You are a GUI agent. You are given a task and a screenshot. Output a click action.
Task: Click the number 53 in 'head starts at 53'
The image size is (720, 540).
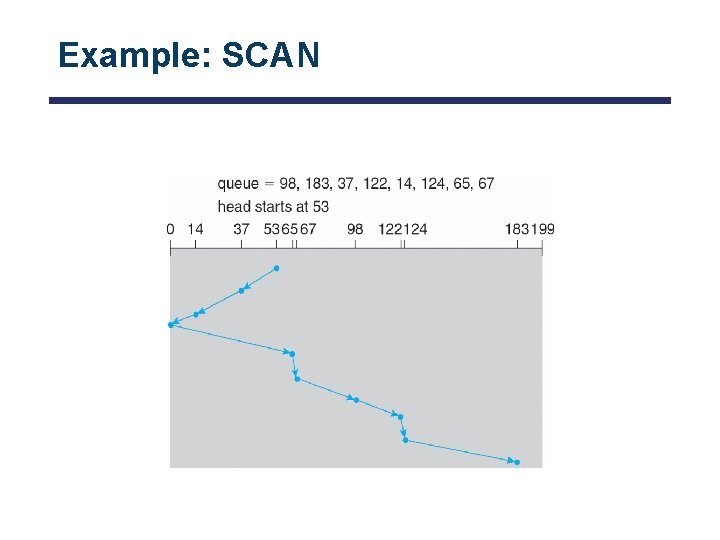pyautogui.click(x=320, y=206)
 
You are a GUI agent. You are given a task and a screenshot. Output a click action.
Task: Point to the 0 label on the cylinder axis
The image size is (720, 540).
pyautogui.click(x=171, y=229)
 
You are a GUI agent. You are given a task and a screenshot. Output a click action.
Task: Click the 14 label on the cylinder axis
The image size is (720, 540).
pyautogui.click(x=195, y=229)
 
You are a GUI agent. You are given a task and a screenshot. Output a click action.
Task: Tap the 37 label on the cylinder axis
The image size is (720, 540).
pyautogui.click(x=241, y=229)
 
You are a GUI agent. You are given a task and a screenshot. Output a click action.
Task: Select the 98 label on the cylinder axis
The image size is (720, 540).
pyautogui.click(x=355, y=229)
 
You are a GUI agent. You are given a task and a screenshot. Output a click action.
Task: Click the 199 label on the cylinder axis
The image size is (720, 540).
pyautogui.click(x=543, y=229)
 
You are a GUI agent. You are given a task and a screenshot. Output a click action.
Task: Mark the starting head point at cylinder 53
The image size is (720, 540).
pyautogui.click(x=277, y=268)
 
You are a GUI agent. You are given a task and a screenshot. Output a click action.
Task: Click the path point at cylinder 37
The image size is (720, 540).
pyautogui.click(x=241, y=291)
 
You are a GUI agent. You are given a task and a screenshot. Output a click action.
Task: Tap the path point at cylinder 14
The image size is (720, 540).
pyautogui.click(x=196, y=315)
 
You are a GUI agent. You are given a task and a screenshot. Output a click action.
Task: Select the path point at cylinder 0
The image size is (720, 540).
pyautogui.click(x=171, y=324)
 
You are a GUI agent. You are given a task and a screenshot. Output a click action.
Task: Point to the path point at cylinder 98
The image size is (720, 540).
pyautogui.click(x=355, y=400)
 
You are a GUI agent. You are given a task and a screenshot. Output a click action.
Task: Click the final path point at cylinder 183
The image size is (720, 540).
pyautogui.click(x=517, y=462)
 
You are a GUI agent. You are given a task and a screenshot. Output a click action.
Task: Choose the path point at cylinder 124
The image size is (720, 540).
pyautogui.click(x=405, y=440)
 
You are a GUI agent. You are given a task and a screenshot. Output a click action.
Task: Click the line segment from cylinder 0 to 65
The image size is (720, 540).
pyautogui.click(x=231, y=339)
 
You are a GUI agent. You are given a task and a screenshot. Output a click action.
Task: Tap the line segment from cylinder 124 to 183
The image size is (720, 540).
pyautogui.click(x=461, y=451)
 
